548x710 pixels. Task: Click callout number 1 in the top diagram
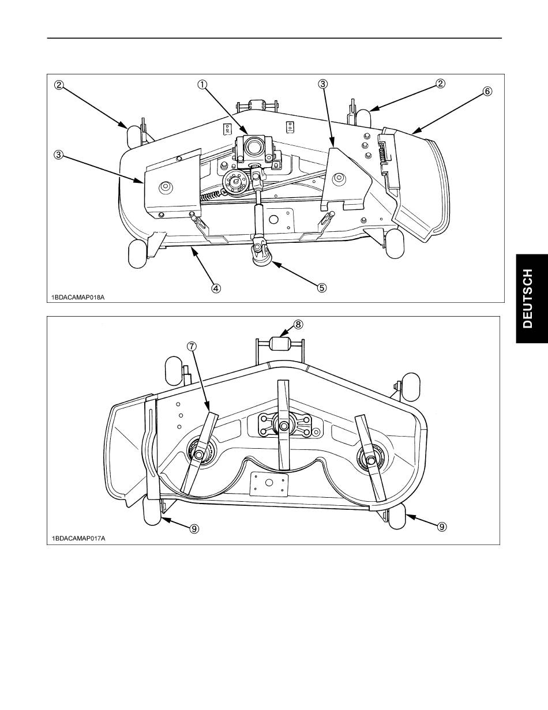coord(202,84)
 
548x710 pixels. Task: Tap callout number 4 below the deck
coord(216,288)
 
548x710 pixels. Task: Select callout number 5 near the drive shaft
coord(322,288)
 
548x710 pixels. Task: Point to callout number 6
coord(487,91)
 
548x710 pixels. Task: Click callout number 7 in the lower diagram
coord(192,346)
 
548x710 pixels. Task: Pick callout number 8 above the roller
coord(298,324)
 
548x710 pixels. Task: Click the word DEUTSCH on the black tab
coord(528,298)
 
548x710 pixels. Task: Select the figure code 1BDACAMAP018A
coord(78,297)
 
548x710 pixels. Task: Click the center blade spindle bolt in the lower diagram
coord(284,426)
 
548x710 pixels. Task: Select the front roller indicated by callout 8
coord(278,344)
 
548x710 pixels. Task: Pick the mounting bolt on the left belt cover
coord(165,187)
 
